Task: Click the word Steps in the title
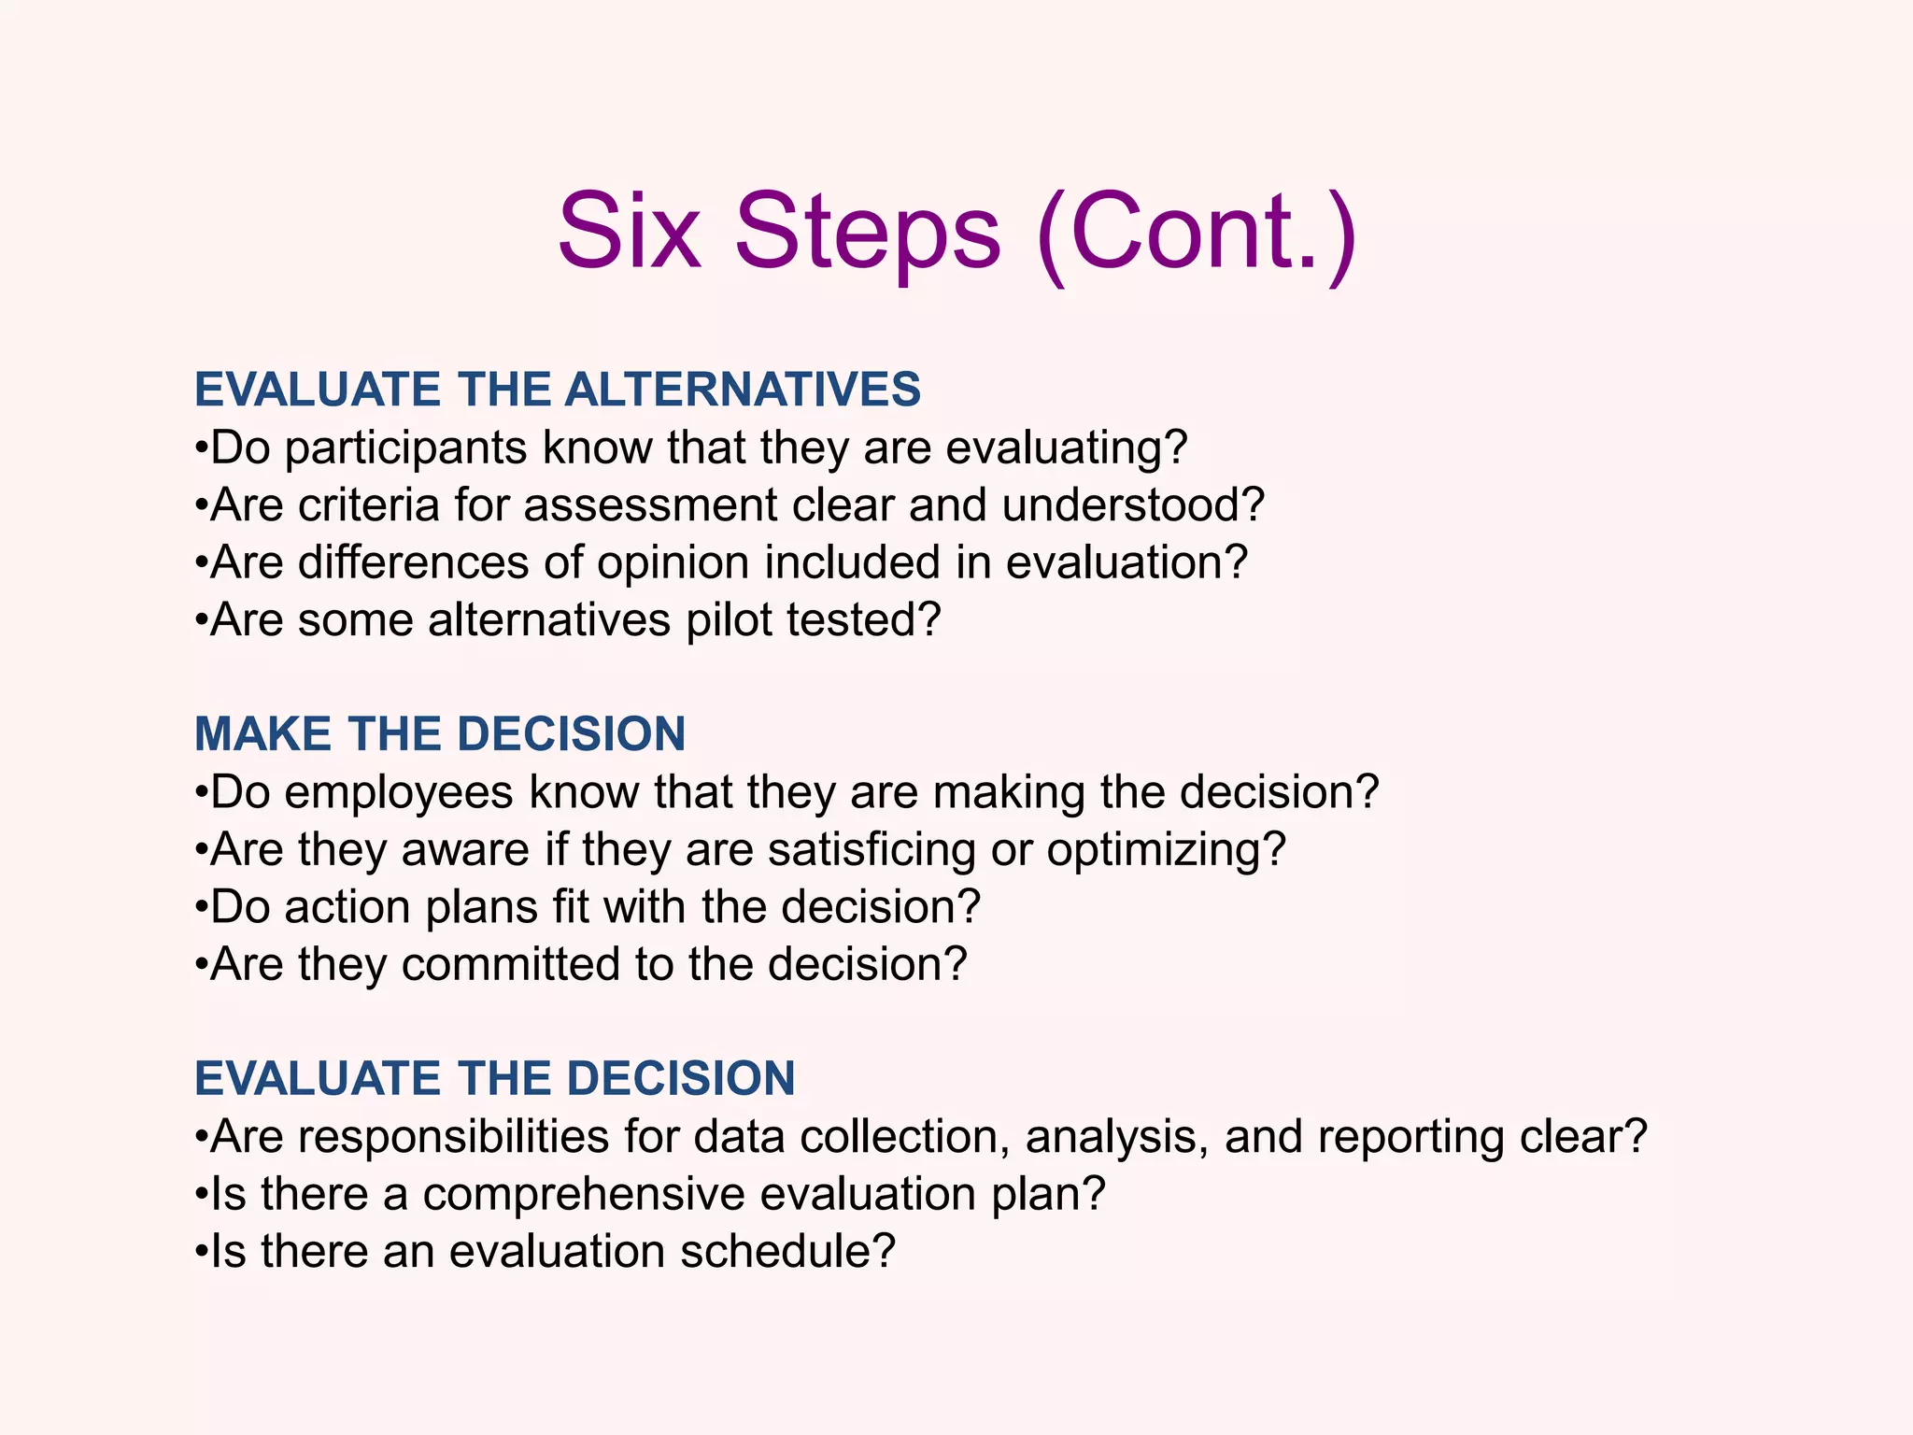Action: pos(868,231)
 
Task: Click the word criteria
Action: pos(368,505)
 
